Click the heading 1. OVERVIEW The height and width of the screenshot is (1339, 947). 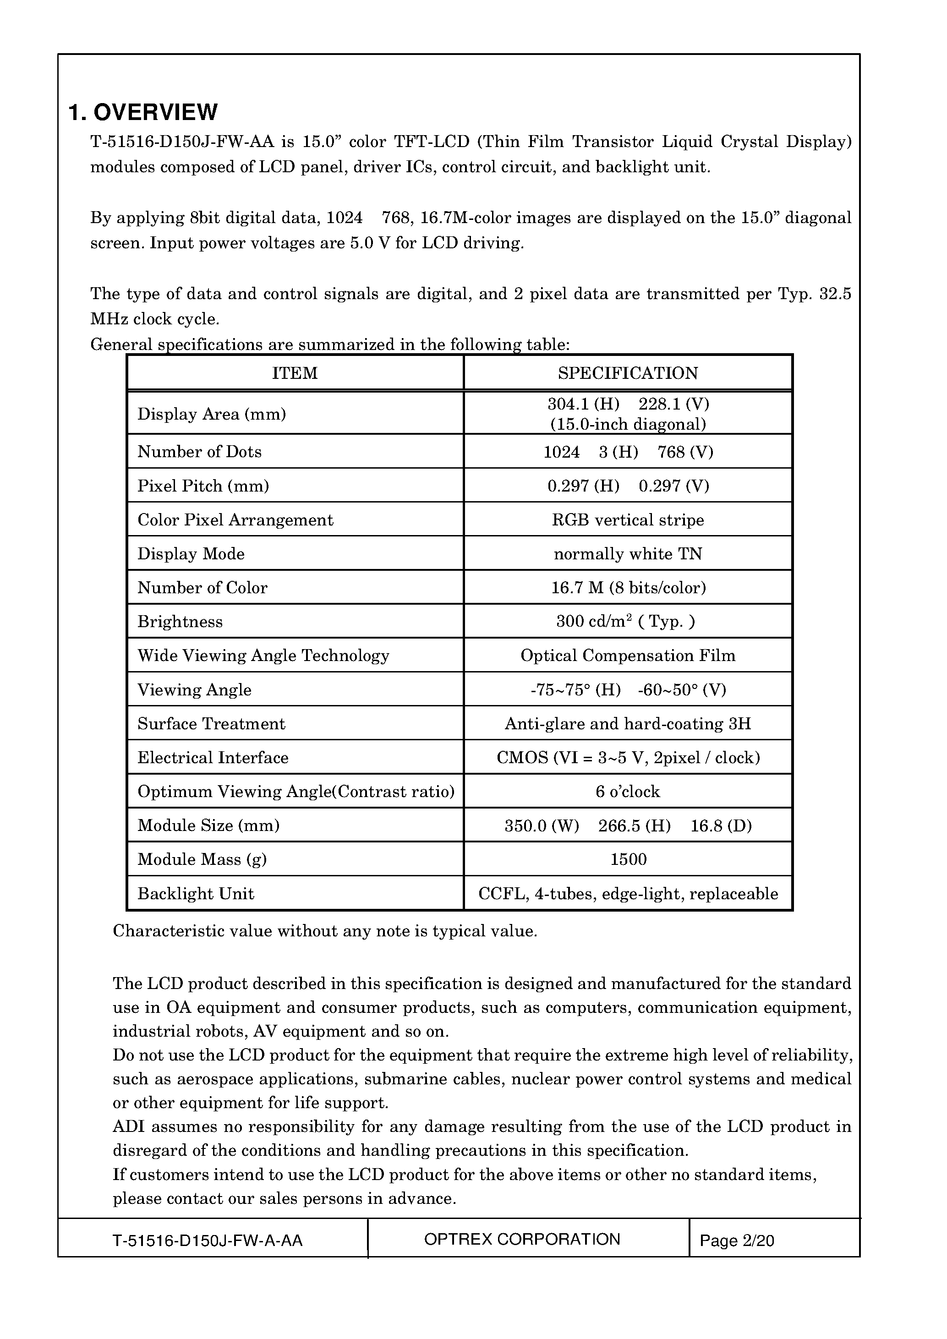click(x=143, y=112)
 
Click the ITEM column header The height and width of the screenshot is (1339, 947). click(x=295, y=373)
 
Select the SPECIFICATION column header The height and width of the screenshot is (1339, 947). click(x=628, y=373)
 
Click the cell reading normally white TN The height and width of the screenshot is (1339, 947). click(x=628, y=553)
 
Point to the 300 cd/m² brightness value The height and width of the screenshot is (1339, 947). click(x=625, y=621)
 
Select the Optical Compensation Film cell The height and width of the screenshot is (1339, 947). click(x=628, y=656)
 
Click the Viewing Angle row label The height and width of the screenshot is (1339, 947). click(x=194, y=690)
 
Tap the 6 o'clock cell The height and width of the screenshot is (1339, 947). click(x=628, y=792)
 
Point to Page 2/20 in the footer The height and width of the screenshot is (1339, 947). click(x=737, y=1241)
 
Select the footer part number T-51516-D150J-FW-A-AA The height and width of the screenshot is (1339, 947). click(x=208, y=1241)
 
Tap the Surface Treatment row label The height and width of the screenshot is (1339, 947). click(x=211, y=724)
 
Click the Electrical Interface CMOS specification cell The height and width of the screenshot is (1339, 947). click(x=628, y=758)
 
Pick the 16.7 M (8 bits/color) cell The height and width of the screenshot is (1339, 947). click(x=628, y=587)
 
